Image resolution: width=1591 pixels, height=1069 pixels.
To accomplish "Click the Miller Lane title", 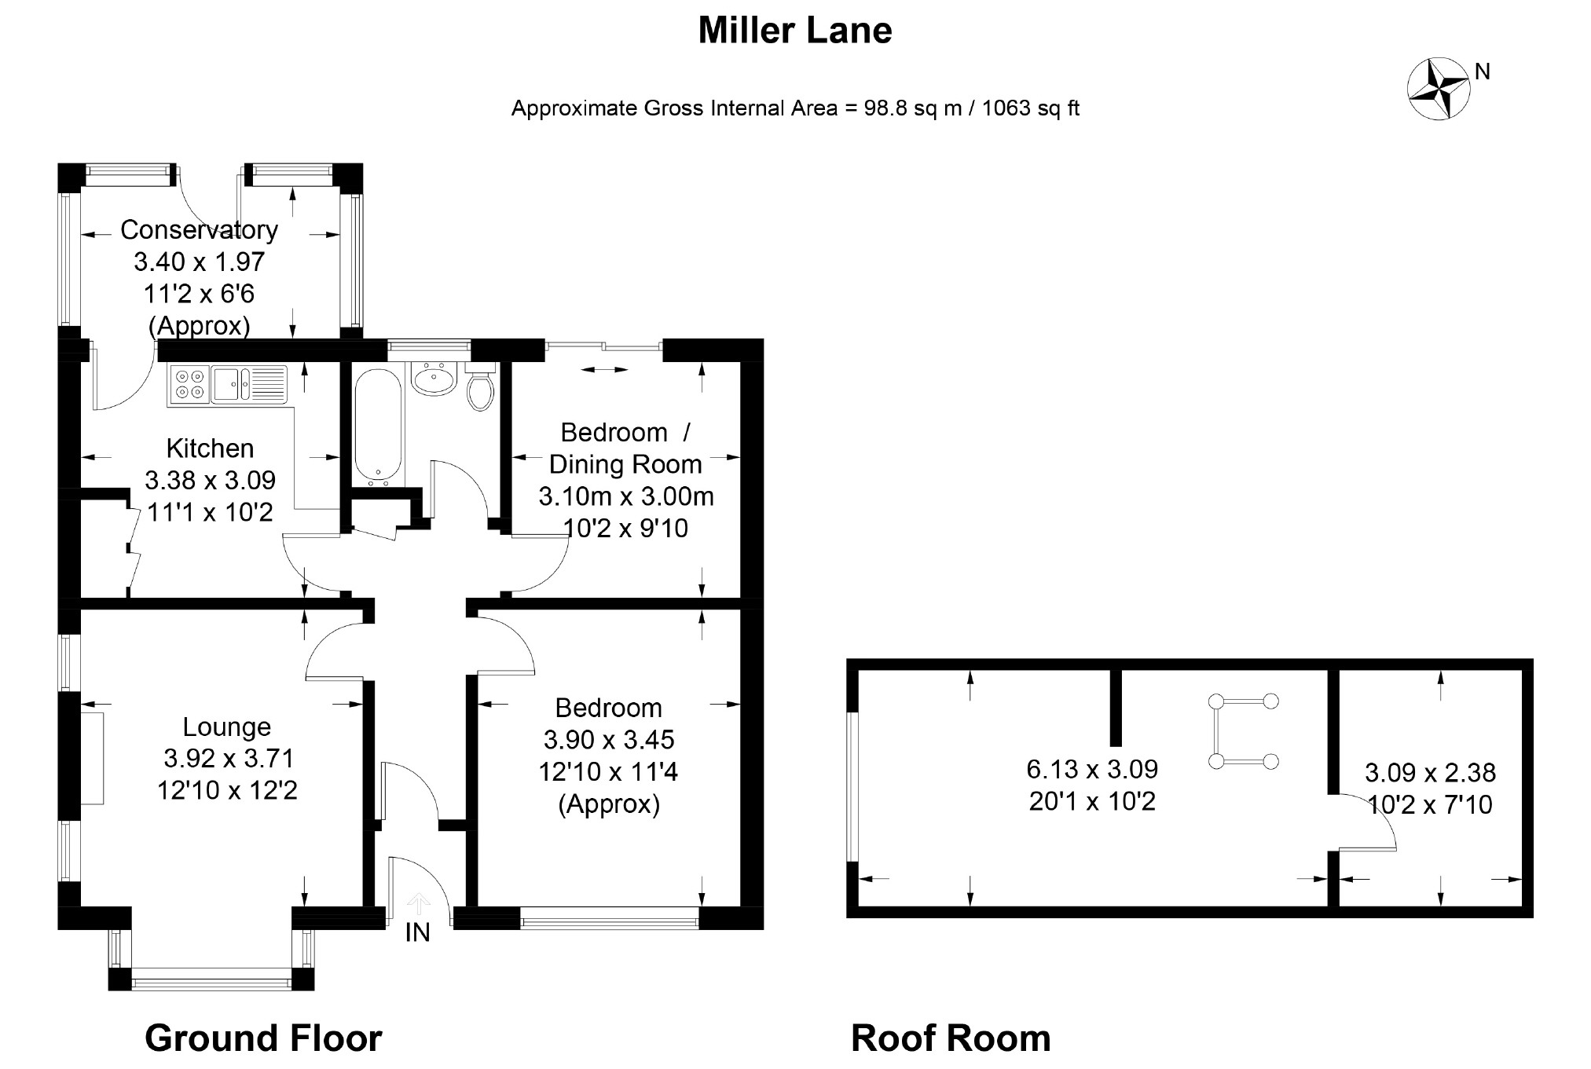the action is coord(795,31).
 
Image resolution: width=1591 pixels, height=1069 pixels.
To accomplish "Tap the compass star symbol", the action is coord(1438,89).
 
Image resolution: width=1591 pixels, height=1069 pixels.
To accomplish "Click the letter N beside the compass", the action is coord(1483,71).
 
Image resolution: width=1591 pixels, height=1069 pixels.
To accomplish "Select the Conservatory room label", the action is coord(199,229).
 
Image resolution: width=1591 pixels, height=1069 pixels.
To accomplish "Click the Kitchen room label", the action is coord(210,448).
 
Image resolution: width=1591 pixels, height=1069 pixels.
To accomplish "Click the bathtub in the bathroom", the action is coord(378,425).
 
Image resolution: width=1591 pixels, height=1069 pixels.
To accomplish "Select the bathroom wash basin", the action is coord(433,379).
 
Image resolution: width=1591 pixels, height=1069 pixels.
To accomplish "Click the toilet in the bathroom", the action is coord(480,387).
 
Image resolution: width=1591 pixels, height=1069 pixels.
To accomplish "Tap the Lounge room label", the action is coord(226,727).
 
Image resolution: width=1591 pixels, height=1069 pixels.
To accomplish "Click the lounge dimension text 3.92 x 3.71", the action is coord(229,758).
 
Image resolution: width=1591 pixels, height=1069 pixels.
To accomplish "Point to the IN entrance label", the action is coord(417,932).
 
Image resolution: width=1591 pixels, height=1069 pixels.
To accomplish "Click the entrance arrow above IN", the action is coord(419,903).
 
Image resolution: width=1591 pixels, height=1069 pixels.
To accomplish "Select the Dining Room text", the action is coord(625,464).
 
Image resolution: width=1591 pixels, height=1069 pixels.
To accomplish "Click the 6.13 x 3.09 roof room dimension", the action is coord(1092,768).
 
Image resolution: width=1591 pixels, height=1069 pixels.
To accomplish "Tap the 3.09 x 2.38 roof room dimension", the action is coord(1430,773).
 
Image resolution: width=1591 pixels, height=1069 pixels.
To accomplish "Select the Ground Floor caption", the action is coord(263,1038).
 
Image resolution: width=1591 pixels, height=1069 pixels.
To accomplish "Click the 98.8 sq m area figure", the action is coord(913,108).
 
